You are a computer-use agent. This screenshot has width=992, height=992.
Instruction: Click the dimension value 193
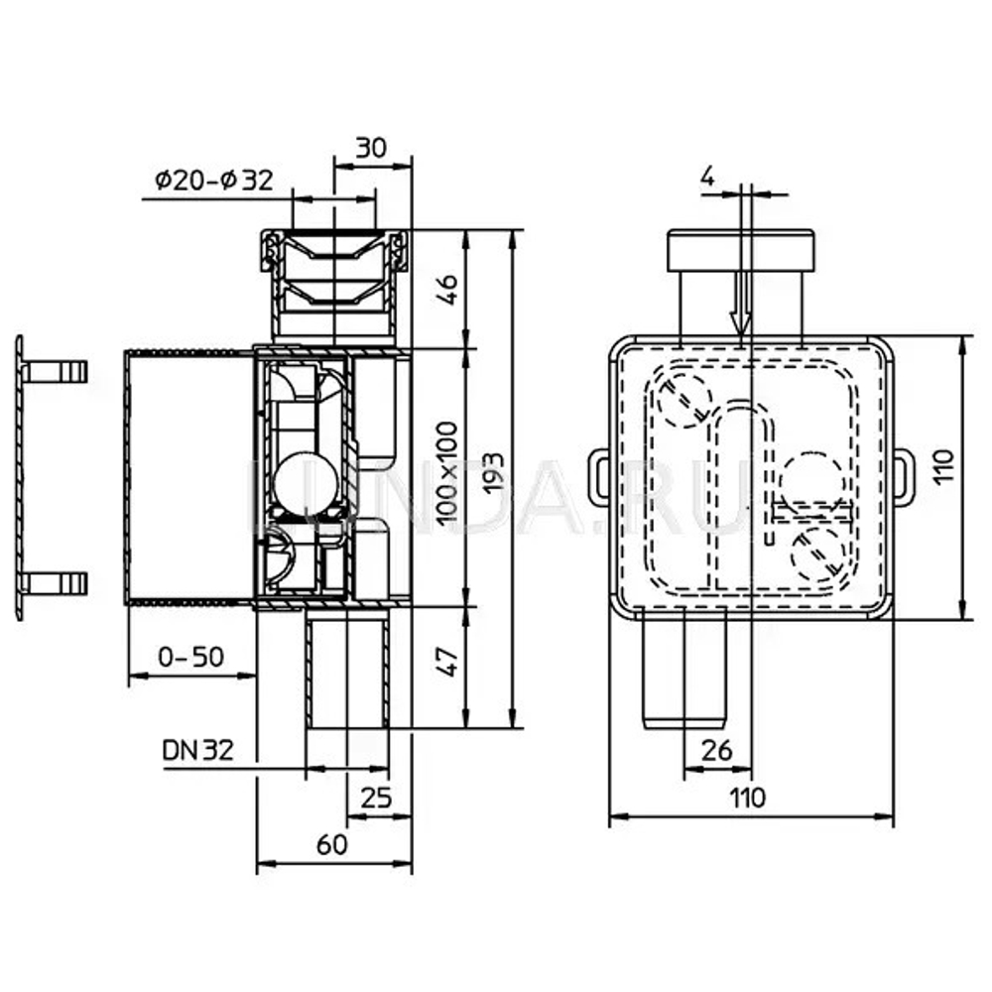(x=493, y=478)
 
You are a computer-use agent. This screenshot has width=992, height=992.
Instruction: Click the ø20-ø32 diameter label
(x=213, y=181)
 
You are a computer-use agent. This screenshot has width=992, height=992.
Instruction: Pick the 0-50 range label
(x=190, y=656)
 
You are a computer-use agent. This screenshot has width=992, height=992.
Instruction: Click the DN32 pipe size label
(x=198, y=750)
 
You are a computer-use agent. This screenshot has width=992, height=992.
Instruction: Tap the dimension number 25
(x=376, y=797)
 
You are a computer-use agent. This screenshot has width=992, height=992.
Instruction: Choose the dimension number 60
(x=332, y=844)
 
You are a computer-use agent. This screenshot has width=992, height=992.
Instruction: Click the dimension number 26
(x=717, y=750)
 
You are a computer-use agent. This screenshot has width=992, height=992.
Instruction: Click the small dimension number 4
(x=707, y=177)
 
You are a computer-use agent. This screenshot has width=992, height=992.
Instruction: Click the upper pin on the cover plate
(x=56, y=372)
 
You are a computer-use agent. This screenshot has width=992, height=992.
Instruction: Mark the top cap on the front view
(x=741, y=253)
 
